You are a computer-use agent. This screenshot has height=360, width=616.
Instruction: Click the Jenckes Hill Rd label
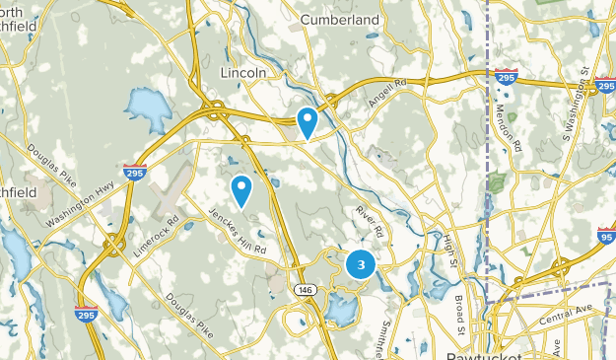click(238, 231)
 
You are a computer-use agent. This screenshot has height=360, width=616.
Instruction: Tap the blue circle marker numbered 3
click(361, 264)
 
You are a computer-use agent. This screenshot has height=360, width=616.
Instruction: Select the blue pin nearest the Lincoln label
click(308, 122)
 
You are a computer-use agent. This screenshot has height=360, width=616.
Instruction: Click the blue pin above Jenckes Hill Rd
click(241, 188)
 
